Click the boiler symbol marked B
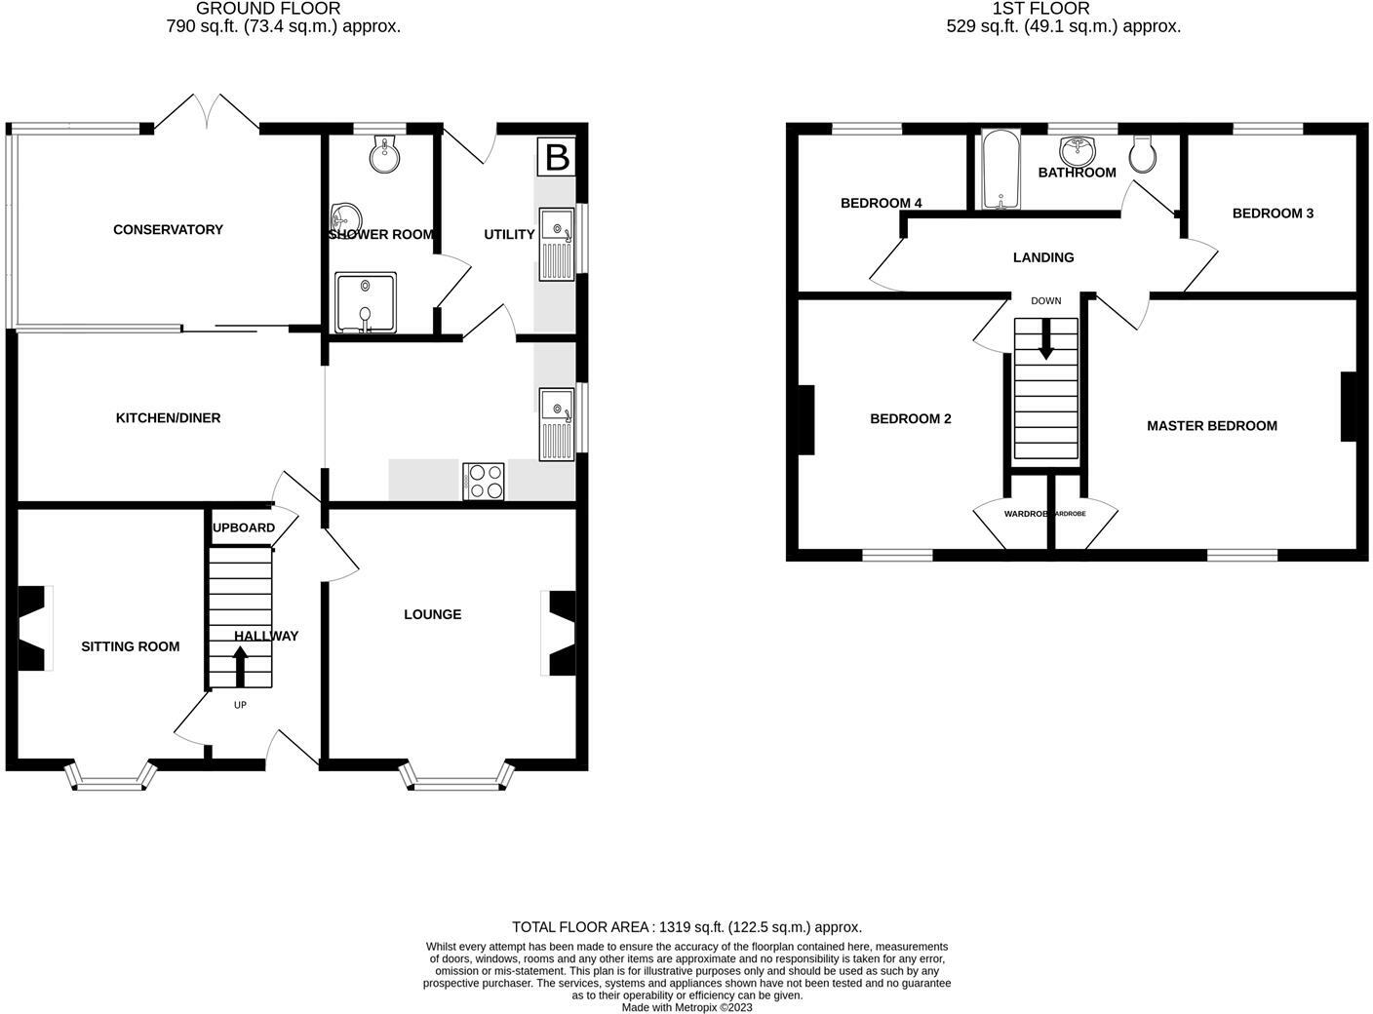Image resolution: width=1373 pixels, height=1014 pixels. [x=557, y=157]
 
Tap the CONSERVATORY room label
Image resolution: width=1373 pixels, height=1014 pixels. [x=168, y=230]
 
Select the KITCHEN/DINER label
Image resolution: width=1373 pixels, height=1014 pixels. [x=168, y=418]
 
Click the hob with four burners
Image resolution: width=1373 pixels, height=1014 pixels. [x=484, y=481]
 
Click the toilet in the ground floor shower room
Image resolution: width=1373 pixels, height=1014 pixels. [x=386, y=152]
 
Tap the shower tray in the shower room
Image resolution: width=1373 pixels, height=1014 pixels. [x=366, y=301]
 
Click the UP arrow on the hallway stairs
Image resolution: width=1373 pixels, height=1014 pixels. [x=240, y=667]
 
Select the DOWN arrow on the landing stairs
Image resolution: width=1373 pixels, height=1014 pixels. [x=1046, y=341]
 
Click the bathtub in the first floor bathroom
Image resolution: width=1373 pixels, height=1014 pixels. [x=1000, y=172]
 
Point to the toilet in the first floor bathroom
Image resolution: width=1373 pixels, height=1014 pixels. [x=1143, y=151]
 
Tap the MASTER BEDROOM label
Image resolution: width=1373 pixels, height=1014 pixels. [x=1211, y=426]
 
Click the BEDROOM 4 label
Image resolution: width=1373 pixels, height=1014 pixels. [x=881, y=204]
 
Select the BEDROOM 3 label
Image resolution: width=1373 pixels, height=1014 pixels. [x=1273, y=214]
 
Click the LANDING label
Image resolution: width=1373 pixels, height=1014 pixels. [x=1043, y=258]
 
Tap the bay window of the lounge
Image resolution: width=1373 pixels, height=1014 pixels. [x=456, y=778]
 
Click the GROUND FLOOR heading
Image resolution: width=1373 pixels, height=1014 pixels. [x=268, y=9]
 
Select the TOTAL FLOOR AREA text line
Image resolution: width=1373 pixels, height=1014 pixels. [x=686, y=927]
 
